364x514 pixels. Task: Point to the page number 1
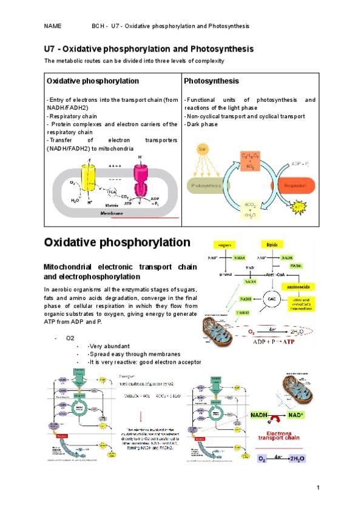tap(317, 488)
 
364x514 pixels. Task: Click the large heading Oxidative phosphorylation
tap(117, 242)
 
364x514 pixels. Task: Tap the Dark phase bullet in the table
tap(203, 124)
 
